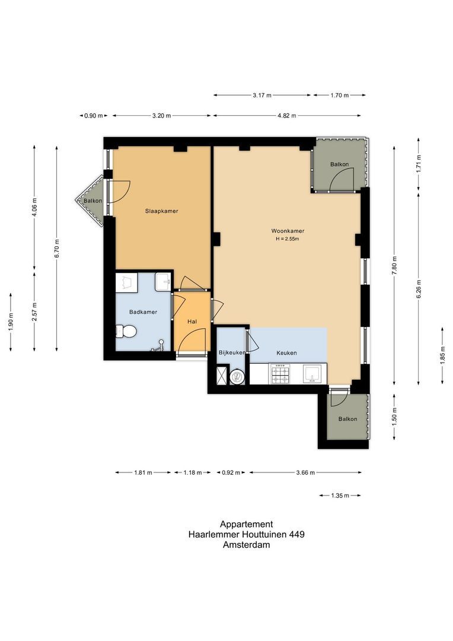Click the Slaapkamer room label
click(x=162, y=211)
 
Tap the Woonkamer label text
click(x=288, y=231)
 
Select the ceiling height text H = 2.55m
click(x=288, y=239)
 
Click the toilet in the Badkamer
click(x=126, y=331)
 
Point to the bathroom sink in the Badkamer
click(x=162, y=281)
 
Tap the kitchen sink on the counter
click(x=312, y=373)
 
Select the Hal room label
click(x=192, y=321)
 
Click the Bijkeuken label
click(x=232, y=353)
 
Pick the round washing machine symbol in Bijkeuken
click(x=237, y=375)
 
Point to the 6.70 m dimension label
click(x=57, y=249)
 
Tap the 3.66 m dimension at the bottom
click(x=305, y=472)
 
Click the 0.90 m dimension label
click(x=94, y=116)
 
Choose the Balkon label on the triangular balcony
click(x=92, y=201)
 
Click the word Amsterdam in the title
click(x=246, y=544)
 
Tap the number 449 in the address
click(x=296, y=534)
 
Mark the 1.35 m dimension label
click(x=340, y=495)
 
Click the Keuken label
click(x=286, y=353)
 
